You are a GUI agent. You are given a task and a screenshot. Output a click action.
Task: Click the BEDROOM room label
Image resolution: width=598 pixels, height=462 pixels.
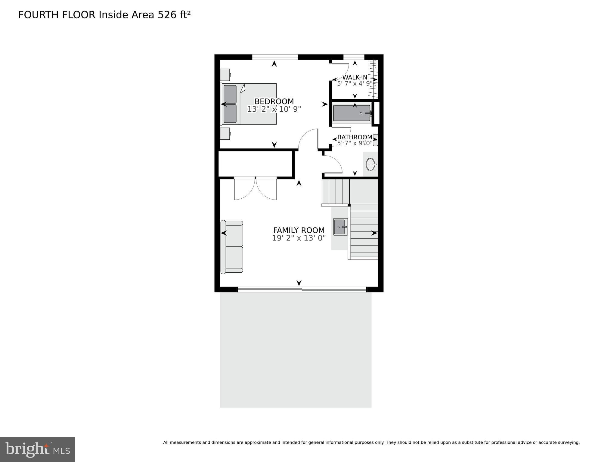274,101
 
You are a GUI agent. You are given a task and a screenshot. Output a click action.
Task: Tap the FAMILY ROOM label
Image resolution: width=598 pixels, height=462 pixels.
299,230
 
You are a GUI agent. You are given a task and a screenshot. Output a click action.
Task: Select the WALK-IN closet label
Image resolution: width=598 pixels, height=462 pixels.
355,77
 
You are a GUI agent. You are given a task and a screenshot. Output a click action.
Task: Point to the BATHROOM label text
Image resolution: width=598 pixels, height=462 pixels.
355,137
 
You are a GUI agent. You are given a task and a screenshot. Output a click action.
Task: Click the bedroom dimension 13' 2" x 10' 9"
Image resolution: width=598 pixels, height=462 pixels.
274,109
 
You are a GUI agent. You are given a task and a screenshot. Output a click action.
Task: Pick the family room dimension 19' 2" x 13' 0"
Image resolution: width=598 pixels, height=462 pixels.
299,238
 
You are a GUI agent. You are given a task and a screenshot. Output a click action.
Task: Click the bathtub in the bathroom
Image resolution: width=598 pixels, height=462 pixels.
352,113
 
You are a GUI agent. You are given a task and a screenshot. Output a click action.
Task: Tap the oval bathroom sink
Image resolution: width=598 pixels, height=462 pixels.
371,164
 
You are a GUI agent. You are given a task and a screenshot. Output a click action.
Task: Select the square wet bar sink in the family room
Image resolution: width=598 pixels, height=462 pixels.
340,227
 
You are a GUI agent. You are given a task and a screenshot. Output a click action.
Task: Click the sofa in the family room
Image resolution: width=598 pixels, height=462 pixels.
232,247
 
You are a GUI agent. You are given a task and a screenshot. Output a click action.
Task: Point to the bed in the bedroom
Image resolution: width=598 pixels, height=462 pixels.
249,104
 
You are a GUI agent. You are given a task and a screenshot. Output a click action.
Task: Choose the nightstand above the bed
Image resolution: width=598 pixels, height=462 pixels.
225,75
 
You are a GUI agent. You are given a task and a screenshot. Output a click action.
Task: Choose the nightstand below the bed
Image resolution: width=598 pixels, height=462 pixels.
225,134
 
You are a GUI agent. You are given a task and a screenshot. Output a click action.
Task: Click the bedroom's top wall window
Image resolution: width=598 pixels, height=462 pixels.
275,57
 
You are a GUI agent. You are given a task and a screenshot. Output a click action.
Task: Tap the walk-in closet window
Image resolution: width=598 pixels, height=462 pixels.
354,57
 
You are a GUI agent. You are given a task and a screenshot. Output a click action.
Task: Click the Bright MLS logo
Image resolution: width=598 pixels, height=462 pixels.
37,449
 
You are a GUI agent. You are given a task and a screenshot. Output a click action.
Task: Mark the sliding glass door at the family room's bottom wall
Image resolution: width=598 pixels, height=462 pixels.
302,290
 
